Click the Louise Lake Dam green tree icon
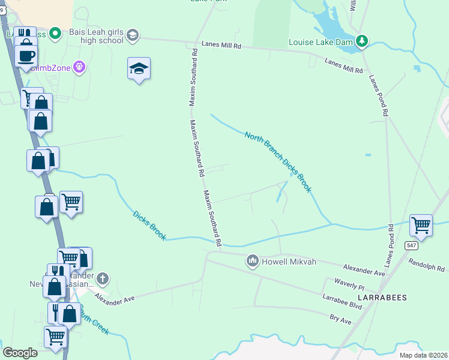click(x=361, y=41)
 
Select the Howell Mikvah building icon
click(x=252, y=260)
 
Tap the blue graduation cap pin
click(x=139, y=69)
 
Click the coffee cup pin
click(x=26, y=56)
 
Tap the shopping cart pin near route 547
click(x=421, y=226)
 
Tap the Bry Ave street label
click(x=340, y=319)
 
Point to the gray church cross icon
click(x=103, y=278)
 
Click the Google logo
click(x=20, y=353)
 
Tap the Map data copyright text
click(x=423, y=355)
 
